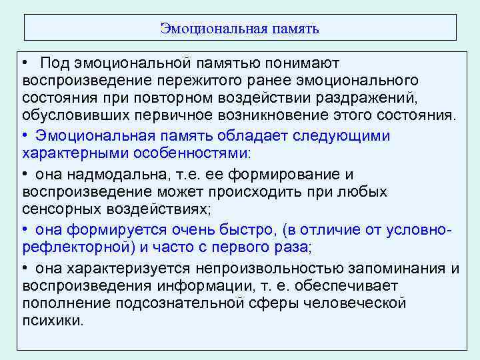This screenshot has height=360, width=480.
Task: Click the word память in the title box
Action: pos(296,29)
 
